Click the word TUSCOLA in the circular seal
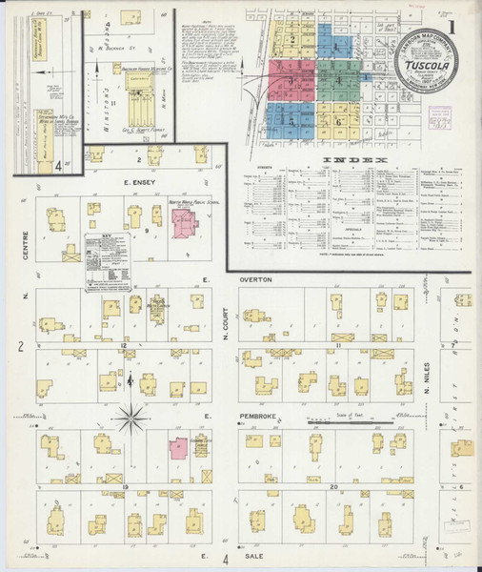pos(426,67)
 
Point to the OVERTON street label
pos(255,279)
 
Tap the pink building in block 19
pos(178,448)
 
